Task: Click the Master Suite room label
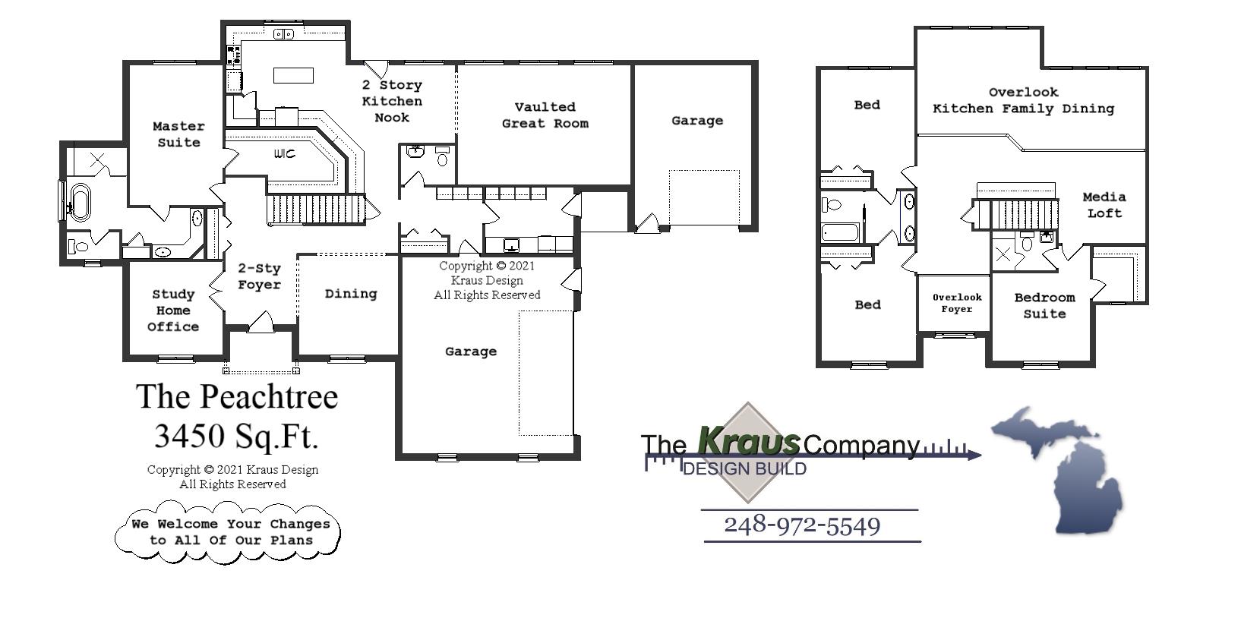point(178,134)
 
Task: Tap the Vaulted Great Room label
point(545,115)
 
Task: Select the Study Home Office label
point(173,311)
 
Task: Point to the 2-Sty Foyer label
point(259,276)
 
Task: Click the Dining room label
point(350,294)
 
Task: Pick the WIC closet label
point(285,154)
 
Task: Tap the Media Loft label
point(1104,205)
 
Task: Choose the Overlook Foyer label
point(957,303)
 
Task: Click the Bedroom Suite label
point(1044,305)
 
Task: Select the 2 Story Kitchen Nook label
point(392,101)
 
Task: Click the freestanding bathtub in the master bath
point(79,201)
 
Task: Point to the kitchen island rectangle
point(293,75)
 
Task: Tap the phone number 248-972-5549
point(802,525)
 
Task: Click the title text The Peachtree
point(237,396)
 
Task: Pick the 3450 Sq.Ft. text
point(237,436)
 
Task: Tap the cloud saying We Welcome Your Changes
point(228,532)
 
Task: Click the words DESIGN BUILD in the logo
point(744,468)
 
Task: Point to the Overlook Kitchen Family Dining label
point(1023,100)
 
